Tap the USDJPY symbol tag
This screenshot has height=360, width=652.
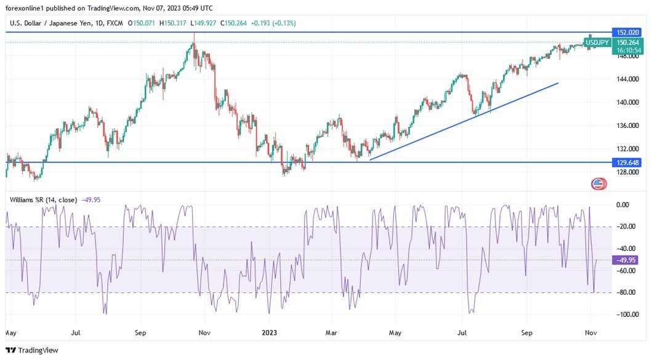(597, 42)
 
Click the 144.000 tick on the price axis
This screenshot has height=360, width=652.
(627, 79)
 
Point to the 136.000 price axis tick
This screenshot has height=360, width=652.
(627, 126)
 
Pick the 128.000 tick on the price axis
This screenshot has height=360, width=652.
(627, 172)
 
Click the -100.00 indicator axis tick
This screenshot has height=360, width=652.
(626, 314)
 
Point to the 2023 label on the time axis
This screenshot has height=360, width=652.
(269, 333)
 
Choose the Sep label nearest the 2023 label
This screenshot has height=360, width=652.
(141, 333)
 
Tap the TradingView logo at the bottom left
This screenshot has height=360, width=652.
(32, 350)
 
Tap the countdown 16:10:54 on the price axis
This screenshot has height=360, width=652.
(626, 50)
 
